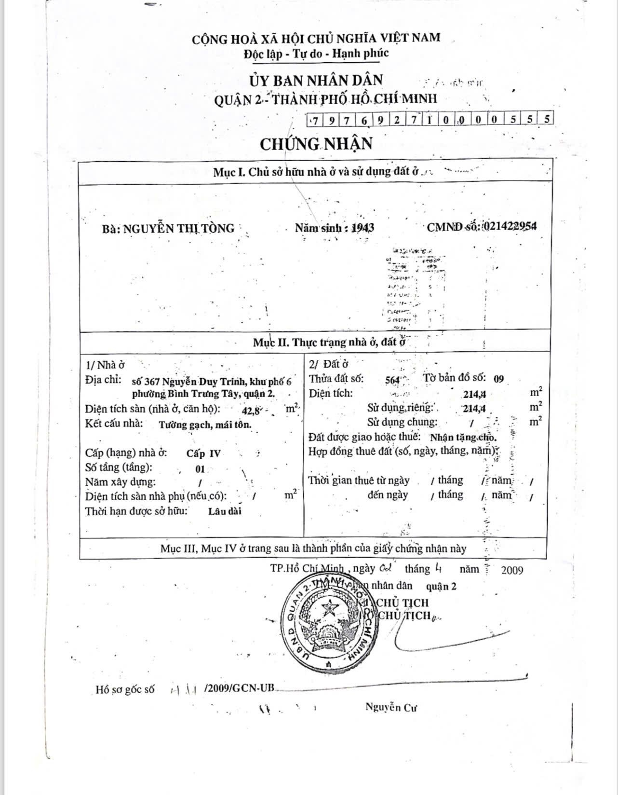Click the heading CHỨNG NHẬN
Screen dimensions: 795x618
coord(316,144)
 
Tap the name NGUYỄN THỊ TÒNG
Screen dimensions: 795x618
coord(178,228)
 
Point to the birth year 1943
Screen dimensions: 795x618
coord(363,228)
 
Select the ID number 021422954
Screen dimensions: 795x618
coord(509,227)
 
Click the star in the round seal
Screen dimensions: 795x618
coord(331,607)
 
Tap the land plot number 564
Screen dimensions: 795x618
coord(393,380)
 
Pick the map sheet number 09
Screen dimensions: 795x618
coord(498,379)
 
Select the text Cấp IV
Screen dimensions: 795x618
coord(203,453)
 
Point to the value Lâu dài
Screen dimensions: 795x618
coord(225,511)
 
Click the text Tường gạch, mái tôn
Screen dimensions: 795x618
coord(205,425)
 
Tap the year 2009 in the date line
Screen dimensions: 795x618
coord(511,570)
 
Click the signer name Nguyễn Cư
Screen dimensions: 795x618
coord(390,708)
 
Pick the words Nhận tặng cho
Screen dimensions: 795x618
coord(463,438)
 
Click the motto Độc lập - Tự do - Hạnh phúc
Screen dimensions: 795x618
coord(316,54)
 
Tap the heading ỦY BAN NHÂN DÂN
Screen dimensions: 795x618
coord(316,80)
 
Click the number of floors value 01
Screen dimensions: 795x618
coord(200,468)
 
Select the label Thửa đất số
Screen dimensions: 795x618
coord(336,379)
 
